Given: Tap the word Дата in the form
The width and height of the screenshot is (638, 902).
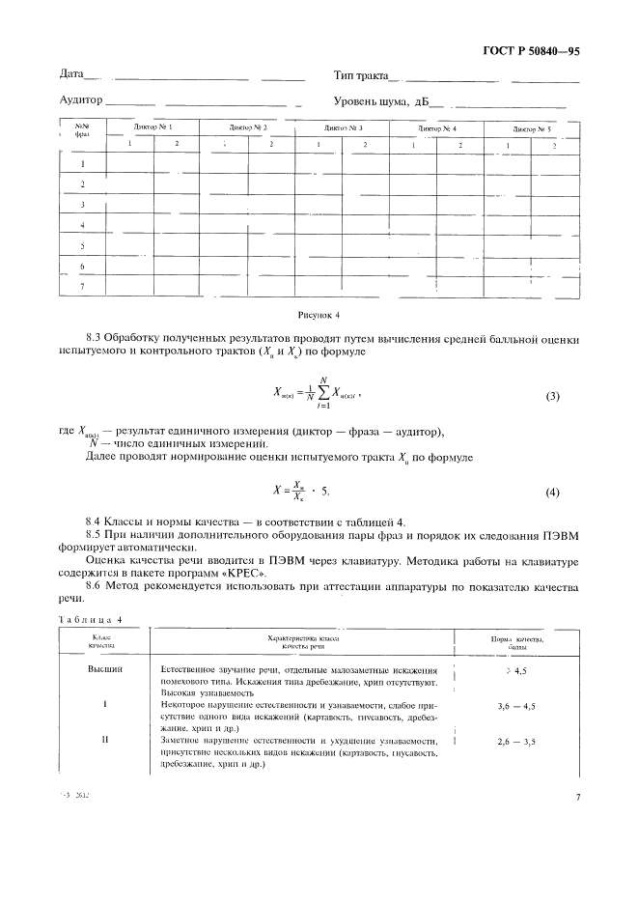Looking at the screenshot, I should [71, 74].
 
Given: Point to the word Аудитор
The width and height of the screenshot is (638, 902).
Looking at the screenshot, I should [80, 99].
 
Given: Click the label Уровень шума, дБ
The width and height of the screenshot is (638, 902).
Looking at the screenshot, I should [380, 99].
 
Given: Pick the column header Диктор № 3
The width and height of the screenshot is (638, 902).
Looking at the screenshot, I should [343, 127].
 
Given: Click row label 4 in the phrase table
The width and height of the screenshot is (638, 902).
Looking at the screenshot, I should [82, 225].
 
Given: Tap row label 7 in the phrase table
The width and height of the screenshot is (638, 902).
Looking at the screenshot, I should [82, 286].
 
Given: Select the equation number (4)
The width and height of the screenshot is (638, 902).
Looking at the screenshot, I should [553, 492].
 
